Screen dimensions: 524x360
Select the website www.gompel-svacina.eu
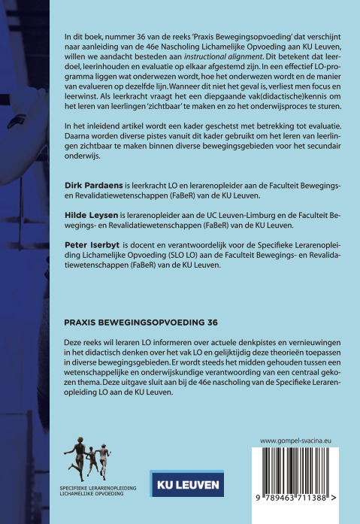(x=298, y=441)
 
